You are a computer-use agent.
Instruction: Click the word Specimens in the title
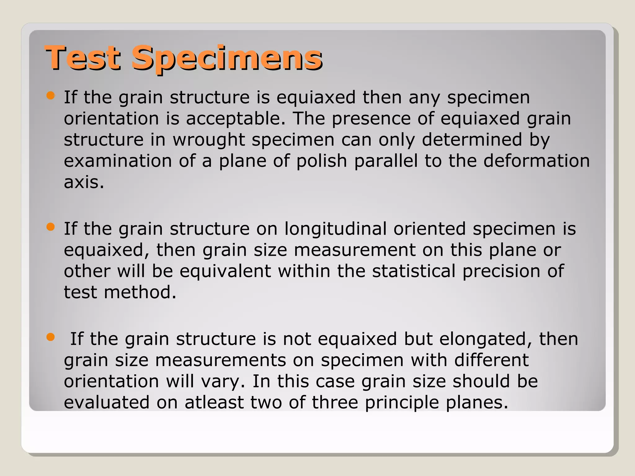pos(227,58)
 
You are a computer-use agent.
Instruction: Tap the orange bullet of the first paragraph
pos(50,95)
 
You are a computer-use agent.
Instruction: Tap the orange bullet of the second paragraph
pos(50,227)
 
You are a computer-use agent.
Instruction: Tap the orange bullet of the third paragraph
pos(50,337)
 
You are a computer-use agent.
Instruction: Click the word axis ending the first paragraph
pos(83,182)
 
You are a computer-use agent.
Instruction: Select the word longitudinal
pos(335,229)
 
